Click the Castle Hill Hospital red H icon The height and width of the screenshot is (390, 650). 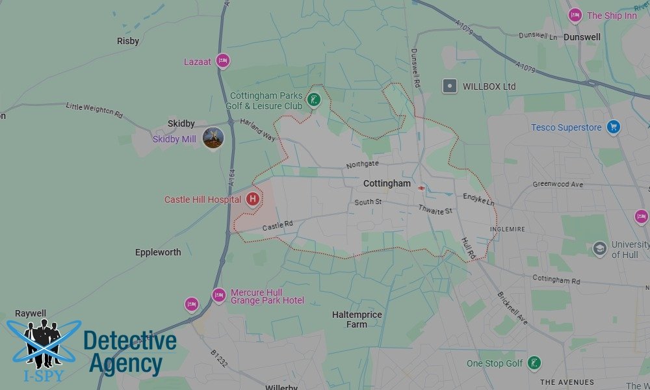tap(253, 200)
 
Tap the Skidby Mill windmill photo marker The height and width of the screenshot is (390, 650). tap(213, 138)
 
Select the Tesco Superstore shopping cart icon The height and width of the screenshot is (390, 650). tap(613, 127)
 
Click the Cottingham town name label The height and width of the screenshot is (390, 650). tap(387, 184)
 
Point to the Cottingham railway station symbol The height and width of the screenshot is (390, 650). tap(422, 187)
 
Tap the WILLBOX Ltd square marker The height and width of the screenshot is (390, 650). tap(448, 86)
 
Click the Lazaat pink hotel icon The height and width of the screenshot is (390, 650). tap(222, 60)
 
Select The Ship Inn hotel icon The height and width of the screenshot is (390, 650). tap(575, 15)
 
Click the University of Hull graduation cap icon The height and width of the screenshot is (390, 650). tap(599, 248)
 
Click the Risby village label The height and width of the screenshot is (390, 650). tap(128, 41)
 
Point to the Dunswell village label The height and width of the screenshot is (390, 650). tap(582, 37)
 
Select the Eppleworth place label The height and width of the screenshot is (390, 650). tap(158, 252)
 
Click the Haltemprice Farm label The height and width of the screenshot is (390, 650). tap(357, 319)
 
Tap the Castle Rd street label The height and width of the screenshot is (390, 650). tap(278, 226)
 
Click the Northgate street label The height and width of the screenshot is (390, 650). tap(362, 164)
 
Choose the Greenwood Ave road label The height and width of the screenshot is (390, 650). tap(558, 184)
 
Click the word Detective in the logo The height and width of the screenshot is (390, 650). tap(130, 341)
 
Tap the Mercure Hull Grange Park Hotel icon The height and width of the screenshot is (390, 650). tap(219, 296)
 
